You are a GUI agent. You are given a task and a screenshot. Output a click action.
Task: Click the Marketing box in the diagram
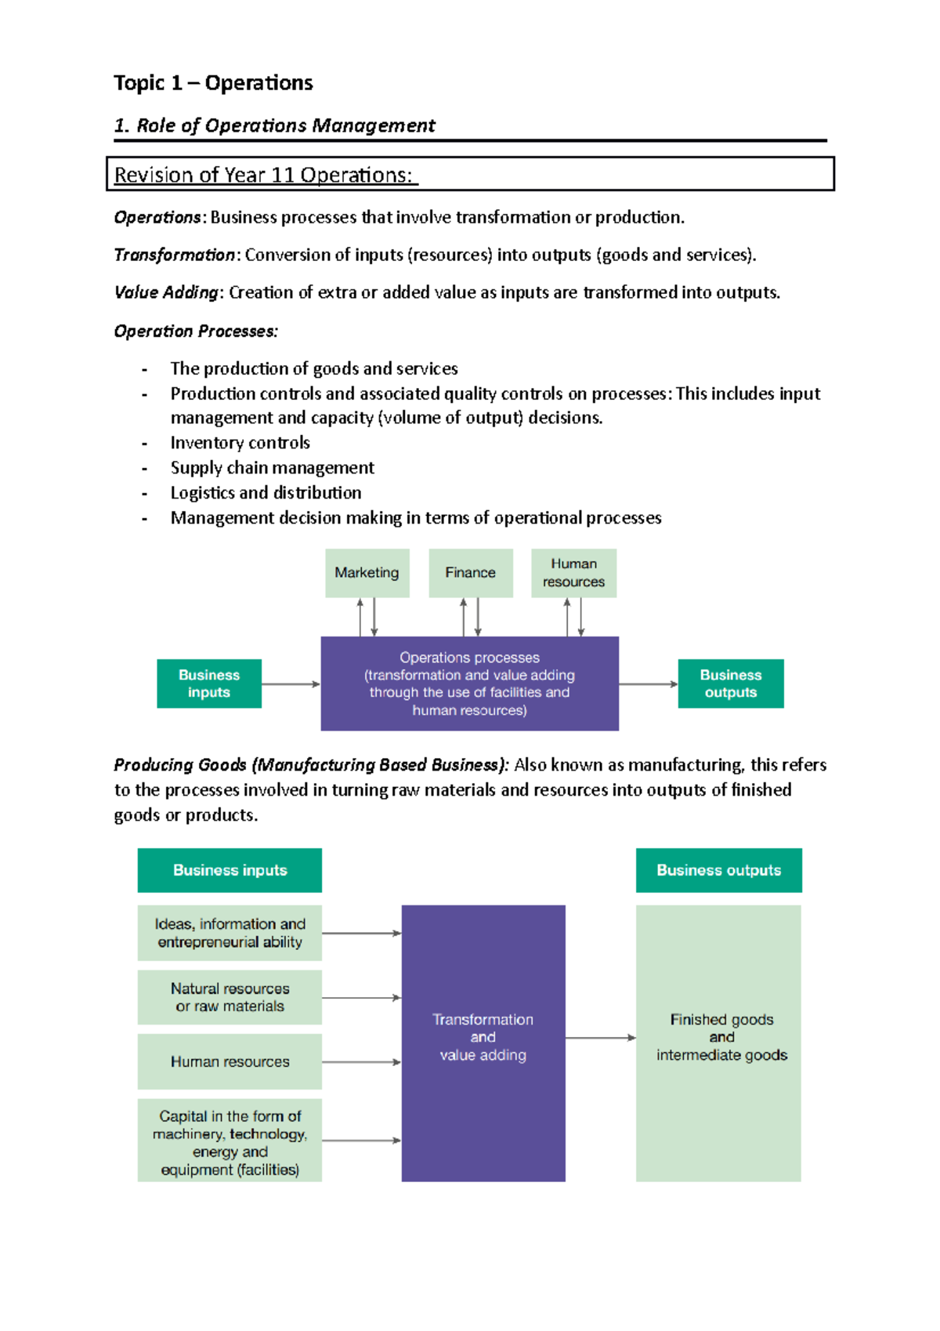coord(367,573)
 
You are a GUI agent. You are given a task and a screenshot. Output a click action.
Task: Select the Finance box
coord(470,573)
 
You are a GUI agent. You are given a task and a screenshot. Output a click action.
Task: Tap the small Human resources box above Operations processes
coord(573,573)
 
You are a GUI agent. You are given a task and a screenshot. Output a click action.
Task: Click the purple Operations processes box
coord(469,684)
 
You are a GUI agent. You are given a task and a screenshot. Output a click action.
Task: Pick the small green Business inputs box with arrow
coord(208,684)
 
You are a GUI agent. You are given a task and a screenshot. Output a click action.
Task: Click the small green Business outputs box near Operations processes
coord(730,684)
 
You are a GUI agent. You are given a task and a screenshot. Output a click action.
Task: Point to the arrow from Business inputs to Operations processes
coord(291,684)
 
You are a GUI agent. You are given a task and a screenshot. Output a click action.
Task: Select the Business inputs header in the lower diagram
coord(230,870)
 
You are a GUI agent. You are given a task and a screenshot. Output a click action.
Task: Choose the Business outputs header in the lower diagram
coord(718,870)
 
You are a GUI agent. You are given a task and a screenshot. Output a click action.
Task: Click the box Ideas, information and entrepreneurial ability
coord(230,933)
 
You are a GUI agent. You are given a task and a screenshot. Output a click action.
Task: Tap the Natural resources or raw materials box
coord(230,997)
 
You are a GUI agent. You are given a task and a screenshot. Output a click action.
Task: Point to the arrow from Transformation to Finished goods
coord(600,1038)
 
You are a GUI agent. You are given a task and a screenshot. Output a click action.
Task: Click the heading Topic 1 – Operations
coord(213,83)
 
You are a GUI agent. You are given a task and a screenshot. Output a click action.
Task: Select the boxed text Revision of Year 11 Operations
coord(263,175)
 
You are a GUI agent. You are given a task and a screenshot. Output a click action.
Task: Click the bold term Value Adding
coord(166,292)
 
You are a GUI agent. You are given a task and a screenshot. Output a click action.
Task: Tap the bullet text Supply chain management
coord(272,468)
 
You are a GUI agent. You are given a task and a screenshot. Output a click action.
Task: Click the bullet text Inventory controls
coord(240,443)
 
